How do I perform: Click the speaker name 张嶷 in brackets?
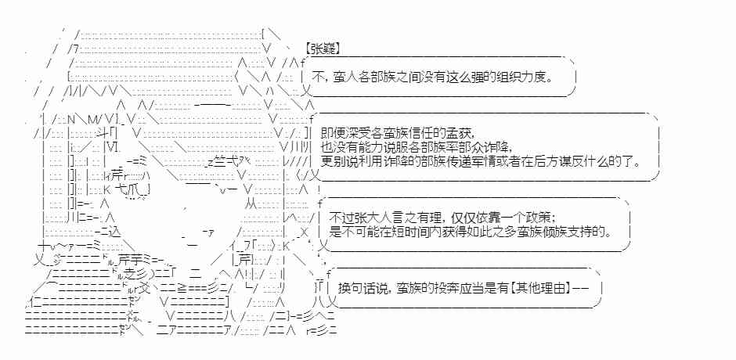(322, 48)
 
